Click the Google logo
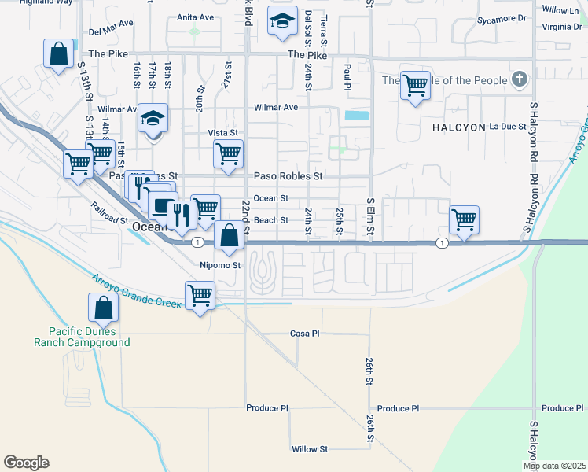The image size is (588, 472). (x=26, y=463)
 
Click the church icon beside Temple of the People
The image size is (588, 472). (x=518, y=79)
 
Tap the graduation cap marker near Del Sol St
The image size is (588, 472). (x=281, y=23)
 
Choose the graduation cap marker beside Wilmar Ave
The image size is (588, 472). (x=153, y=119)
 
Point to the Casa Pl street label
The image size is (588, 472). (x=304, y=334)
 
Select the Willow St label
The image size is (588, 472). (x=309, y=449)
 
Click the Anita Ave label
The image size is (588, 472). (x=195, y=17)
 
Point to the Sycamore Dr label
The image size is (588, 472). (x=500, y=17)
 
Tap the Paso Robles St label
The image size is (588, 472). (x=288, y=176)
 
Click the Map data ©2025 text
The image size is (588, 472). (x=554, y=466)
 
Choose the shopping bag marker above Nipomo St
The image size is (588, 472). (x=228, y=236)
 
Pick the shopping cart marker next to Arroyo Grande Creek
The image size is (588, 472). (x=200, y=297)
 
